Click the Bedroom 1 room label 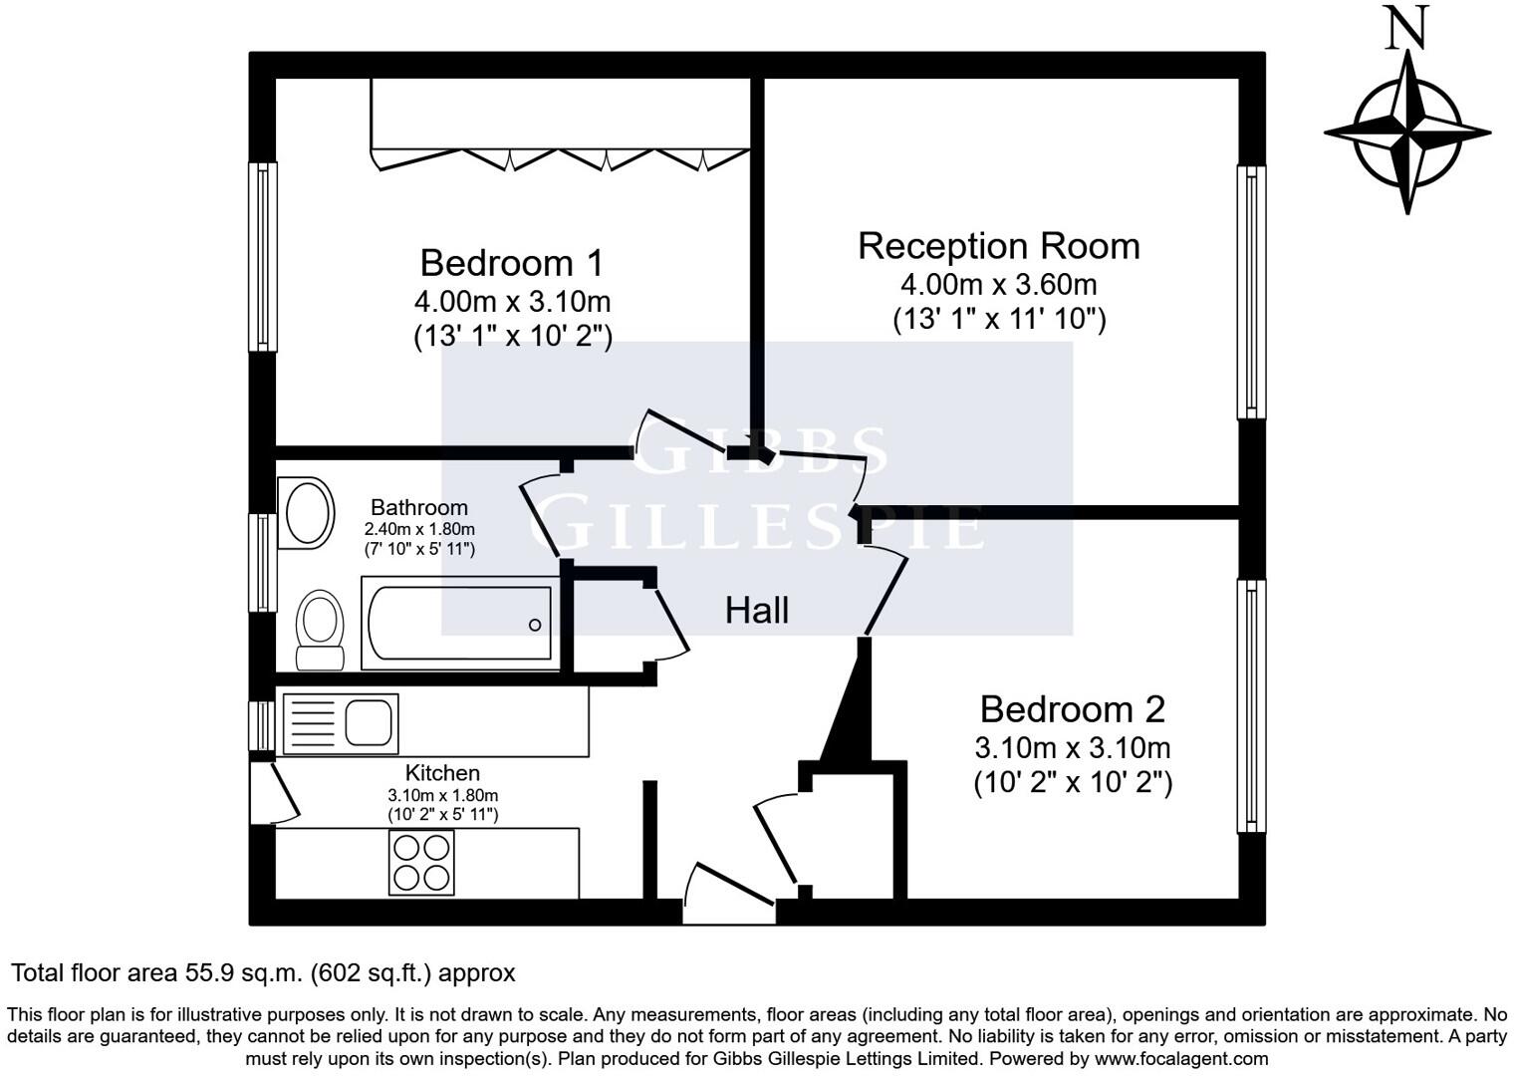(x=511, y=262)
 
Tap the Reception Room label (x=998, y=246)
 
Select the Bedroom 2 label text (x=1073, y=709)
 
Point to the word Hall (x=756, y=611)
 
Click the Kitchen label (x=442, y=772)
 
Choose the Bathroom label (x=419, y=507)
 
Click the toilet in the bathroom (x=320, y=630)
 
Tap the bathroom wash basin (x=307, y=513)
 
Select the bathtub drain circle (x=535, y=626)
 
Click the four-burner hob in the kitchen (x=421, y=863)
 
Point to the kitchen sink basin (x=369, y=722)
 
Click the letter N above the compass (x=1407, y=27)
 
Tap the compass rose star (x=1407, y=133)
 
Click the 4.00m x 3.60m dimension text (x=998, y=285)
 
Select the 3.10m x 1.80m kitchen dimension (x=442, y=795)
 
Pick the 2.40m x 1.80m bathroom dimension (x=419, y=529)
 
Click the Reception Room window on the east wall (x=1251, y=292)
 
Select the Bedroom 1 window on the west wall (x=263, y=257)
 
